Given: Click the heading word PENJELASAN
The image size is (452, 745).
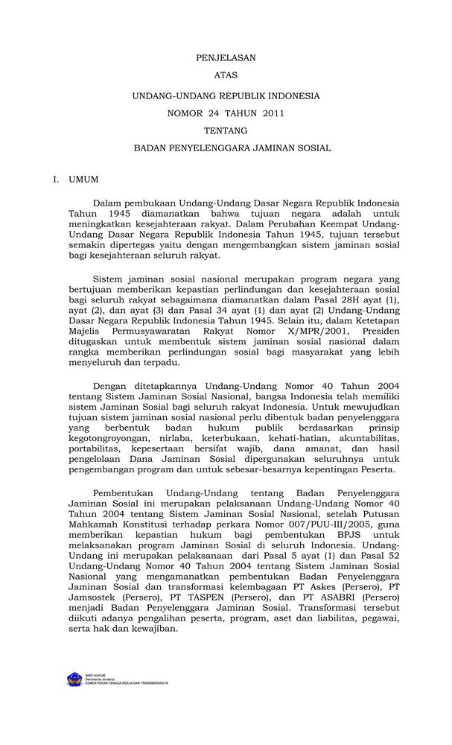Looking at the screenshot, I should tap(226, 57).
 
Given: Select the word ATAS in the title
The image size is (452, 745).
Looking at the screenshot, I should tap(226, 76).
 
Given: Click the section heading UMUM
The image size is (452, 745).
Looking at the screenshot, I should tap(83, 180).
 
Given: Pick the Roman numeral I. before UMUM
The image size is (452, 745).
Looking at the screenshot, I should tap(56, 180).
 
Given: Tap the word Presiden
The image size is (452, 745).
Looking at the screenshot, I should tap(380, 331).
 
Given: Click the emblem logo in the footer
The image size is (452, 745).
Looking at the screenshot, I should tap(74, 679).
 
